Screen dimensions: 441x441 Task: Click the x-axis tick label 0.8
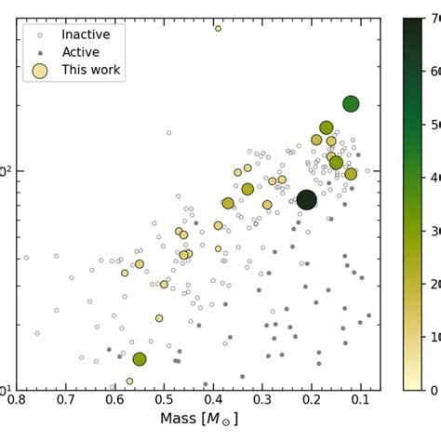17,401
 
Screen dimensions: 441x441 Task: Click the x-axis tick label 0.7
65,401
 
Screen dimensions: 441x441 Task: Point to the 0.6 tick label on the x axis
114,401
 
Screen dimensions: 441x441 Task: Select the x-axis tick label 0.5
164,401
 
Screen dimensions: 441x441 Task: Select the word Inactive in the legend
86,34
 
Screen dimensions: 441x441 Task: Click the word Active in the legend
80,52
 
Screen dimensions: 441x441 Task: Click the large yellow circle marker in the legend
39,71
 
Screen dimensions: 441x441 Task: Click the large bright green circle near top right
351,104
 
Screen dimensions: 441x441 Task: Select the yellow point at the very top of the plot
219,28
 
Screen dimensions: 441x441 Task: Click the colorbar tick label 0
432,390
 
